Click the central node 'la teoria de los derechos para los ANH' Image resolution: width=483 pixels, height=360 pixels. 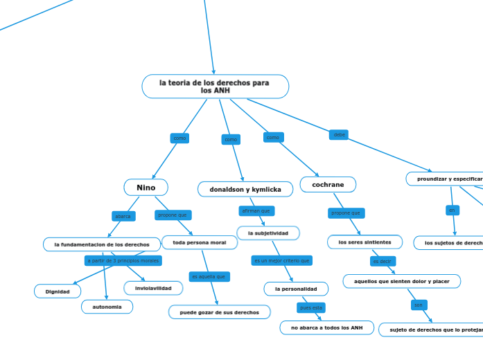215,87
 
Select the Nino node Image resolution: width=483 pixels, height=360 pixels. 146,188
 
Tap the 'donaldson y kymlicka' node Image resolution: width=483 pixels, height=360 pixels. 245,189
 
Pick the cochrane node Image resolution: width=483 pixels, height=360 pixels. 328,185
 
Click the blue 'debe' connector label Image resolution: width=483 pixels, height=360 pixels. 339,134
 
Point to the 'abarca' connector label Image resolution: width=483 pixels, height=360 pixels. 123,216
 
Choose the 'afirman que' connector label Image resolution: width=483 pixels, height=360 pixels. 256,210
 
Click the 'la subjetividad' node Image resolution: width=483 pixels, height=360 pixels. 268,233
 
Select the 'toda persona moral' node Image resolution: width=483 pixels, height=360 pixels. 200,242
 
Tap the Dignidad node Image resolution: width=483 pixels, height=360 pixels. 58,291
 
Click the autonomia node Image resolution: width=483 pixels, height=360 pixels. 107,307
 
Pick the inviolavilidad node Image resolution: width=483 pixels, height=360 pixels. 154,288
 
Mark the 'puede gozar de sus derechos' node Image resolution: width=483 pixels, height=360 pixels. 220,312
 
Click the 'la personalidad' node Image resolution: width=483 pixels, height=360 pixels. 296,288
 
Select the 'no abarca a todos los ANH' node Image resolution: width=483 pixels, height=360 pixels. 326,327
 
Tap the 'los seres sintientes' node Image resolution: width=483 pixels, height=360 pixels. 365,242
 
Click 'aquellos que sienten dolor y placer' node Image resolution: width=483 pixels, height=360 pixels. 401,281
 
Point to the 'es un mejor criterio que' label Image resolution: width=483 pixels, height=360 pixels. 281,260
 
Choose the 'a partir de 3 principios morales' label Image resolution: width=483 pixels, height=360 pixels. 123,260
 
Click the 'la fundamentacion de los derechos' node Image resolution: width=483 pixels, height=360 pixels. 102,244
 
